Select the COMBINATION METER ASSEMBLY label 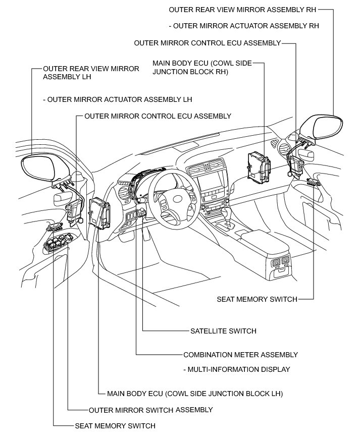tap(240, 355)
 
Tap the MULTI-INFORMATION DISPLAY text tap(236, 369)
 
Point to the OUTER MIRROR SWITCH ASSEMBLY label tap(150, 410)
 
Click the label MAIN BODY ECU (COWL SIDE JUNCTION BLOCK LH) tap(195, 394)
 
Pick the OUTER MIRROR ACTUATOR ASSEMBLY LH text tap(118, 99)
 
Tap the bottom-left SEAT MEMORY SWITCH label tap(115, 426)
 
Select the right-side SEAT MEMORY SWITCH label tap(257, 299)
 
